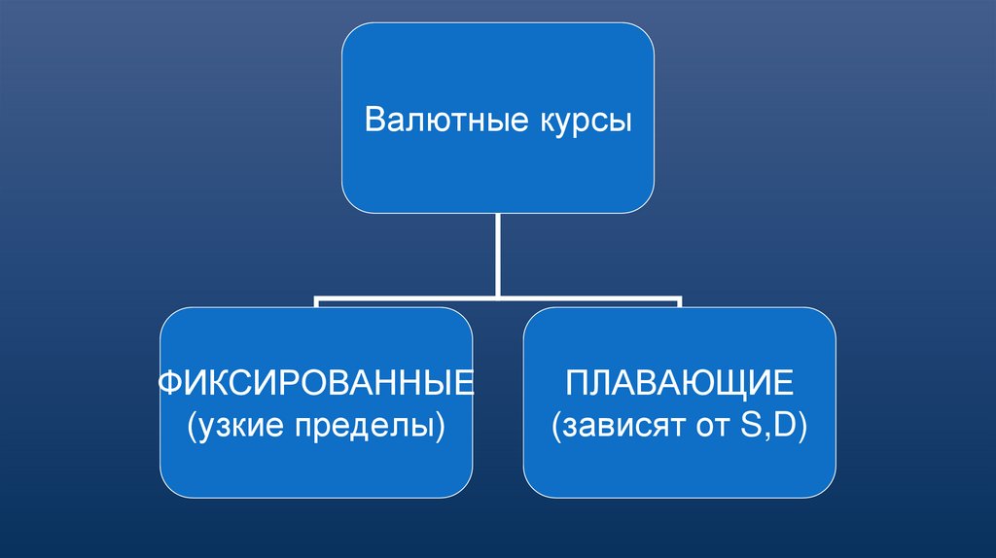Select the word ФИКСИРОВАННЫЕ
coord(316,382)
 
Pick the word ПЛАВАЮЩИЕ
coord(679,382)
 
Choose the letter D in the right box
coord(780,425)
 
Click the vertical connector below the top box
coord(498,253)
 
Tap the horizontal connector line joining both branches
coord(409,298)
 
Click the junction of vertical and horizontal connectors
coord(498,297)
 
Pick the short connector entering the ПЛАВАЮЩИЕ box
coord(679,303)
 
